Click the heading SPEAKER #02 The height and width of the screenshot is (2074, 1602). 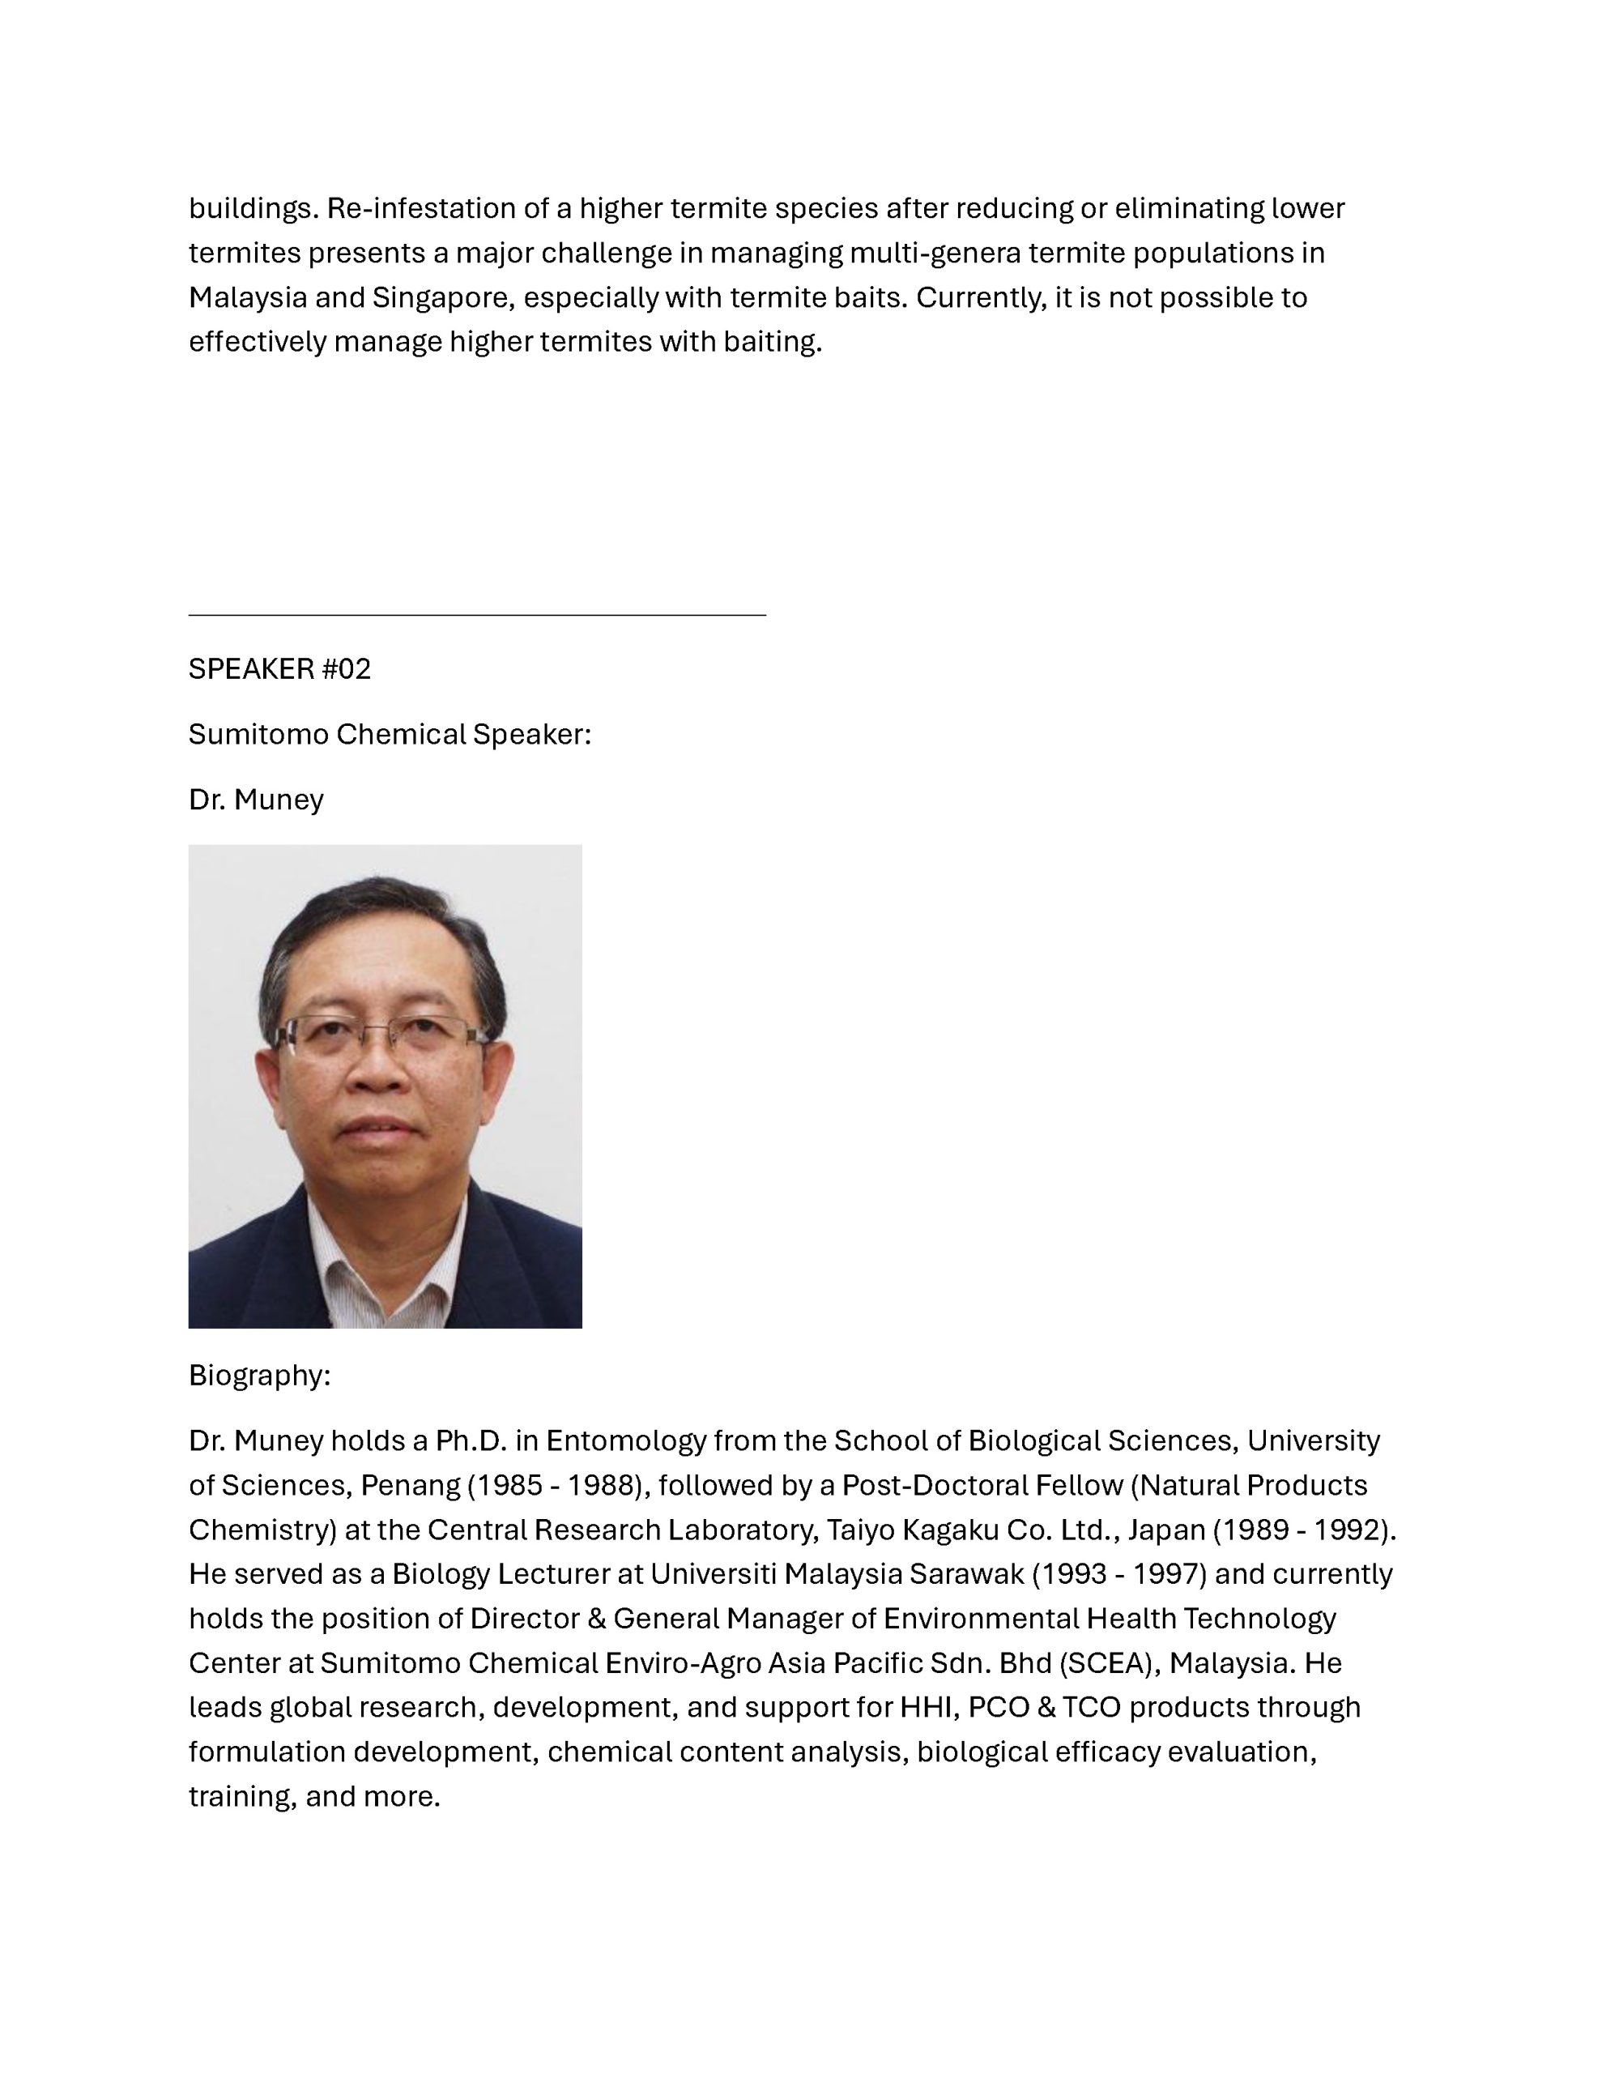(279, 668)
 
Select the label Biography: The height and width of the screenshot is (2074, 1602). (259, 1374)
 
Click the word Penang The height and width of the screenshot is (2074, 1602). (411, 1484)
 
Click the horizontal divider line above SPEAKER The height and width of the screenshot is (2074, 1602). (477, 616)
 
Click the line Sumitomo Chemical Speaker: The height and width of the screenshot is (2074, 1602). (390, 734)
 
